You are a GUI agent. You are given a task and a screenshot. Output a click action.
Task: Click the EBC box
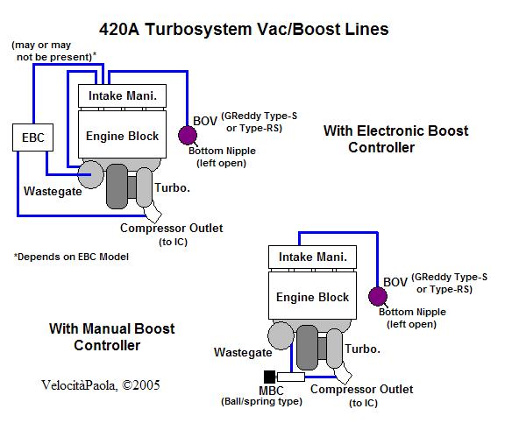pyautogui.click(x=32, y=137)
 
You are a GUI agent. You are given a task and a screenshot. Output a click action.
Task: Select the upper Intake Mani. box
pyautogui.click(x=122, y=95)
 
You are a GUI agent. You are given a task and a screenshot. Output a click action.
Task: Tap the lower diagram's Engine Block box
pyautogui.click(x=312, y=296)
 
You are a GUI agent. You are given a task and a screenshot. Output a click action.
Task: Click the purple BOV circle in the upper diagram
pyautogui.click(x=188, y=135)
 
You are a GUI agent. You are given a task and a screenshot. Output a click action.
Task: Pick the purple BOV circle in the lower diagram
pyautogui.click(x=378, y=296)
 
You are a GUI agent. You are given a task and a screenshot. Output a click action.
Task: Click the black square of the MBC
pyautogui.click(x=269, y=377)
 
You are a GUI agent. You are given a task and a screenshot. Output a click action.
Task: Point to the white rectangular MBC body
pyautogui.click(x=290, y=377)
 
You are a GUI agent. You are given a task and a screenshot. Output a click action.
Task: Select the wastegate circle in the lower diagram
pyautogui.click(x=281, y=335)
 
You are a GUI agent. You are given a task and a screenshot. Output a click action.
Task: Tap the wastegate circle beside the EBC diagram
pyautogui.click(x=90, y=174)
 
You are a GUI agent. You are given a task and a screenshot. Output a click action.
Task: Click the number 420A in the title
pyautogui.click(x=119, y=29)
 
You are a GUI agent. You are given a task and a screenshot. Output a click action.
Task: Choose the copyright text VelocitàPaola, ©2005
pyautogui.click(x=101, y=385)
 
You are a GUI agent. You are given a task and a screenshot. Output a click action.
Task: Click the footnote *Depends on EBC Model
pyautogui.click(x=71, y=257)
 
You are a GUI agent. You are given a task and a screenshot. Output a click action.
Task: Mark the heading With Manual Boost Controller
pyautogui.click(x=111, y=337)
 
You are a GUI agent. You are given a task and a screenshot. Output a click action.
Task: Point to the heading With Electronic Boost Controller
pyautogui.click(x=395, y=139)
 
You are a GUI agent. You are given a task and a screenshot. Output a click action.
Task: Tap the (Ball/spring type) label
pyautogui.click(x=261, y=401)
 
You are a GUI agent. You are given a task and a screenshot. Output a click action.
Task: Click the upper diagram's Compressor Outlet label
pyautogui.click(x=172, y=228)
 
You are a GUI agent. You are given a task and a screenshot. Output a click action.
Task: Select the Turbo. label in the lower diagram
pyautogui.click(x=363, y=349)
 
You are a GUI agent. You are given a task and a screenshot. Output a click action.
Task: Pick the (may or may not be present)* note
pyautogui.click(x=53, y=51)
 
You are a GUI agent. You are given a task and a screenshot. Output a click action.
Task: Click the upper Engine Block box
pyautogui.click(x=122, y=135)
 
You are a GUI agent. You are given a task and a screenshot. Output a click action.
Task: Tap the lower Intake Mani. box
pyautogui.click(x=312, y=257)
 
